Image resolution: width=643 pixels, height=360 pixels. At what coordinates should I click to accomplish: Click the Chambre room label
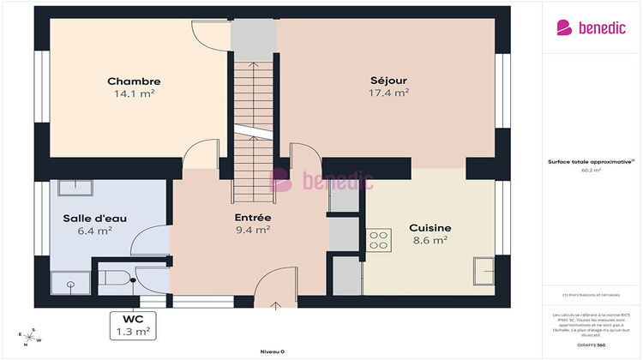coord(134,81)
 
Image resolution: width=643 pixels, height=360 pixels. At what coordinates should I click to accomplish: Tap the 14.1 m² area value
coord(134,94)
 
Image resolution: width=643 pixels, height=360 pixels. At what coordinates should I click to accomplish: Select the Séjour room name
coord(388,81)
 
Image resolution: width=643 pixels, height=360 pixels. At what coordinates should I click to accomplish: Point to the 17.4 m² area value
coord(388,93)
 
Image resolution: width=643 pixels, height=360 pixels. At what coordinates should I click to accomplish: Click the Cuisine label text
coord(430,228)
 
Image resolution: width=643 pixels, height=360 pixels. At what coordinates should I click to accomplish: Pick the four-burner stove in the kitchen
coord(378,240)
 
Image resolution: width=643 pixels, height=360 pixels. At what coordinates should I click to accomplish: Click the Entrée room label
coord(253,217)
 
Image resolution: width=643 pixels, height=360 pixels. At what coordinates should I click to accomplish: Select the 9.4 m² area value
coord(253,230)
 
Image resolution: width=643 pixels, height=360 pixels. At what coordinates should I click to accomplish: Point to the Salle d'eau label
coord(94,218)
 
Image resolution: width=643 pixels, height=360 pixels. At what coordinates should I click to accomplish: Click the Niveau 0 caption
coord(272,351)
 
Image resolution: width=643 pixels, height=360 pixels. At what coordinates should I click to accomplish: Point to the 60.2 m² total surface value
coord(591,171)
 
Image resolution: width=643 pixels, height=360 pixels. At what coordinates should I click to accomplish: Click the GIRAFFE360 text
coord(590,344)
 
